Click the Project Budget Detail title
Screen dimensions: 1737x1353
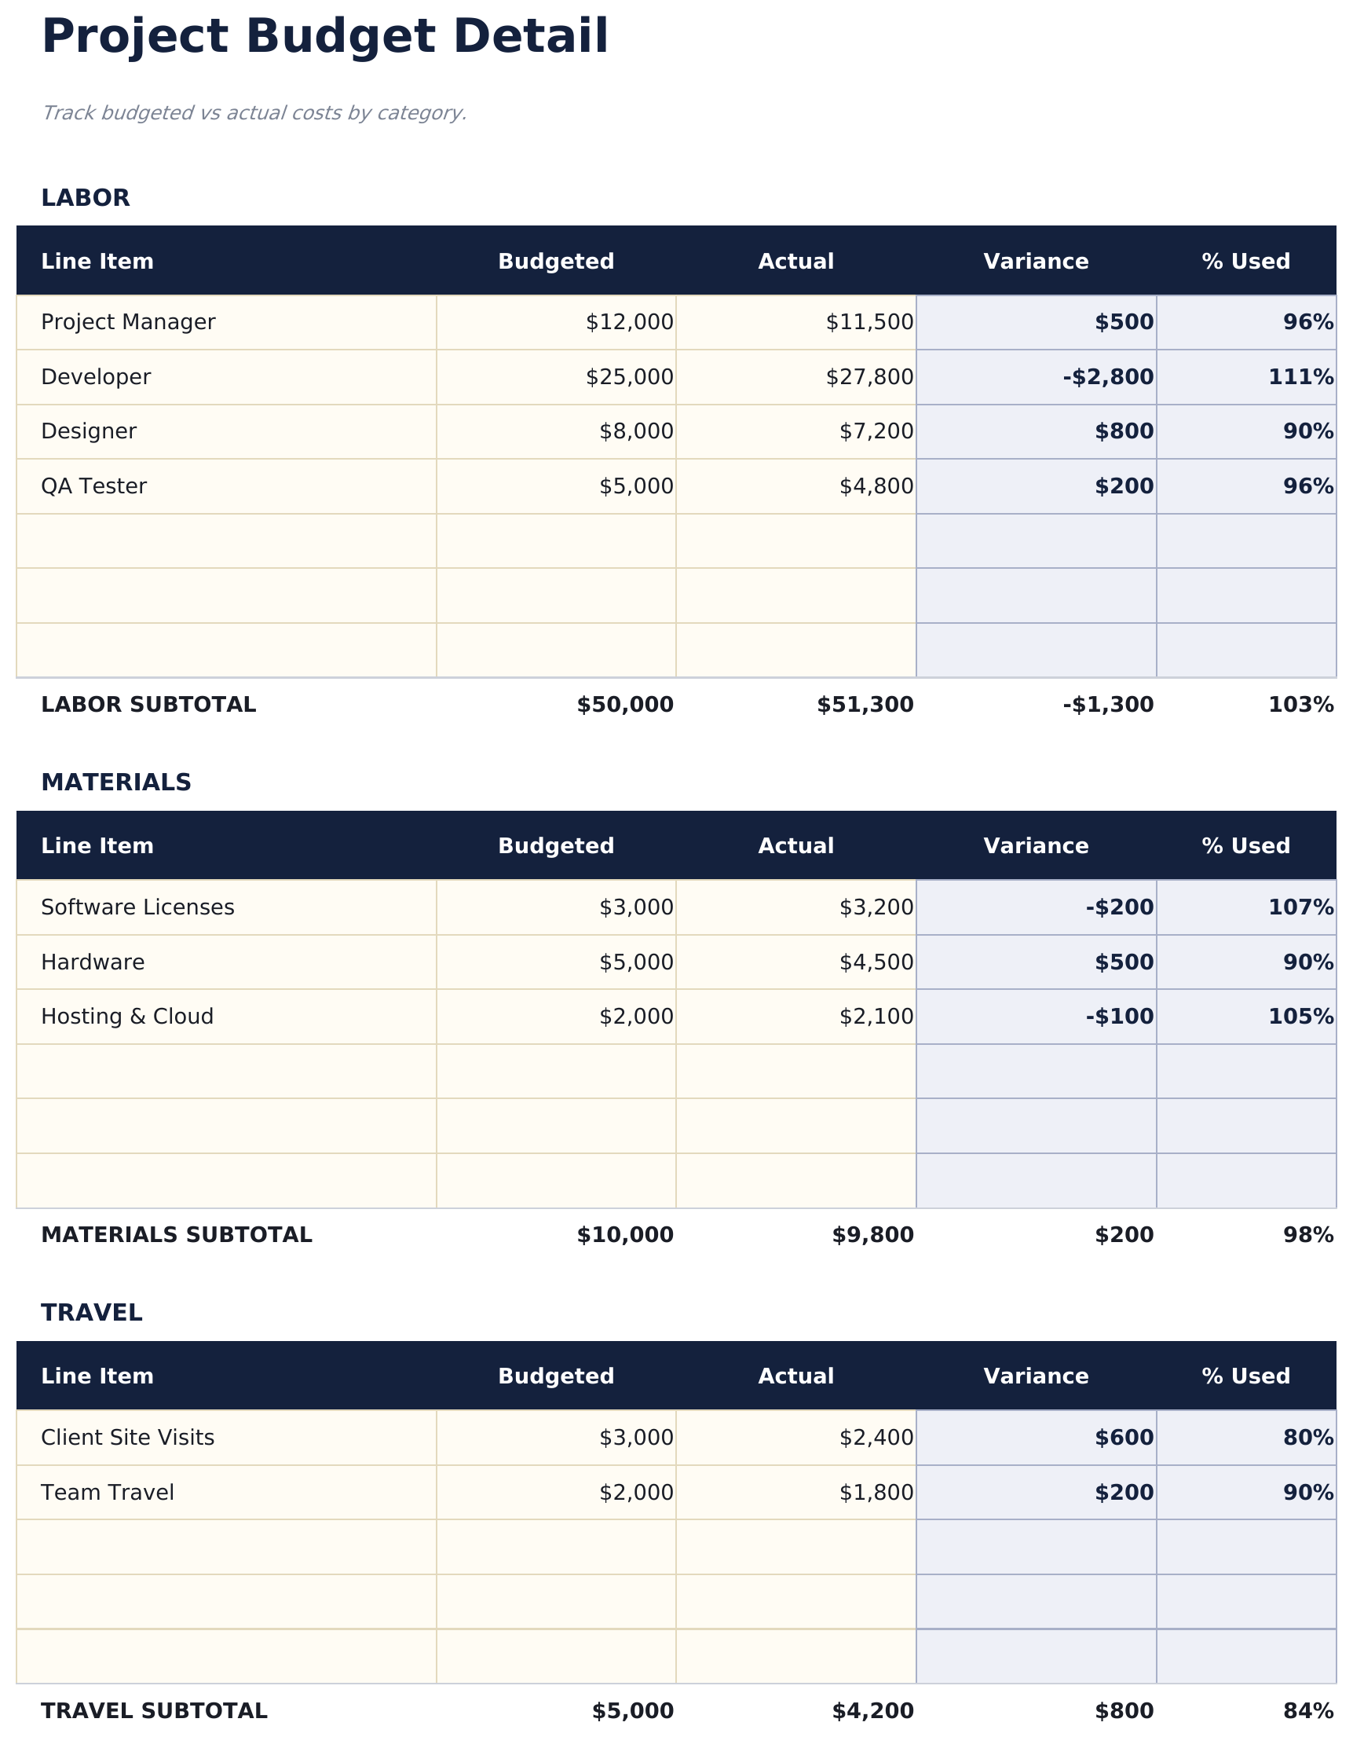pyautogui.click(x=324, y=38)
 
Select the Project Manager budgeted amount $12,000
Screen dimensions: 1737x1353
pyautogui.click(x=629, y=322)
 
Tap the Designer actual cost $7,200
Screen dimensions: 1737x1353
pyautogui.click(x=876, y=432)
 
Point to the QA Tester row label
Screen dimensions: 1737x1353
pyautogui.click(x=93, y=486)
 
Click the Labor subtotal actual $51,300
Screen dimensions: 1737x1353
pyautogui.click(x=865, y=705)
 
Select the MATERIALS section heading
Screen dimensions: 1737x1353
pyautogui.click(x=116, y=782)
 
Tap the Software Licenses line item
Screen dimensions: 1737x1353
pyautogui.click(x=137, y=907)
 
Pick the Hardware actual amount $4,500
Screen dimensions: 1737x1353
pyautogui.click(x=876, y=962)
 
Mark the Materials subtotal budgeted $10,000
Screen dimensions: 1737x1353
pyautogui.click(x=625, y=1235)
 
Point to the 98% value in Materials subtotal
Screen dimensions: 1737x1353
pyautogui.click(x=1307, y=1235)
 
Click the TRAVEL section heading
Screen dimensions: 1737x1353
pyautogui.click(x=91, y=1313)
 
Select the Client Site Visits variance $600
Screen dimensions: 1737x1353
pyautogui.click(x=1123, y=1438)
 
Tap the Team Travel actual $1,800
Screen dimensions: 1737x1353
pyautogui.click(x=876, y=1493)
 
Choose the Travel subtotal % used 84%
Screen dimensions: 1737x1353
pyautogui.click(x=1307, y=1711)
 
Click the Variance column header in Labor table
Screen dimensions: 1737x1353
pyautogui.click(x=1035, y=262)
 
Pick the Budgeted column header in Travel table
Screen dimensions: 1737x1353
pyautogui.click(x=556, y=1376)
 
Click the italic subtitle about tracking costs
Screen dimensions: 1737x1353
pyautogui.click(x=254, y=113)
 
